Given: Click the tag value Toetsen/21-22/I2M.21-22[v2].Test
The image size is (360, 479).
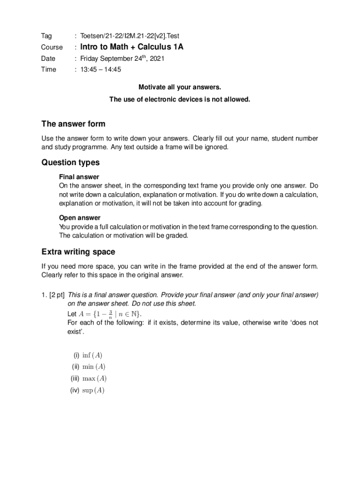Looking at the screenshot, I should click(130, 36).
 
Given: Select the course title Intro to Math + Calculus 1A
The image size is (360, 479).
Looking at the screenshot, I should click(132, 47).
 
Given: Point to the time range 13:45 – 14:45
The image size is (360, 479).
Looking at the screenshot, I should click(101, 70).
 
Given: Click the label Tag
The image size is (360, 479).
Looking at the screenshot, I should click(46, 36).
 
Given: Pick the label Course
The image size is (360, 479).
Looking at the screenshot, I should click(52, 47).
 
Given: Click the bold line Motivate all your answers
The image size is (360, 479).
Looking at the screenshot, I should click(180, 87).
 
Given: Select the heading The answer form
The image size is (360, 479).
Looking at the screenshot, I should click(73, 124).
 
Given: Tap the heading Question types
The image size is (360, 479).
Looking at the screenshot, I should click(71, 163).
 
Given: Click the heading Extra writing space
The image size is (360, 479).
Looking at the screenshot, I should click(78, 252).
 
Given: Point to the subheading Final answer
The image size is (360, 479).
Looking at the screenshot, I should click(79, 177).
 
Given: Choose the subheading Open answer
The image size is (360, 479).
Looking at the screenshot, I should click(79, 218).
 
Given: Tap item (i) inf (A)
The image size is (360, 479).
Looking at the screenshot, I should click(87, 355).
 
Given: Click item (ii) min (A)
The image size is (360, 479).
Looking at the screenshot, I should click(88, 367).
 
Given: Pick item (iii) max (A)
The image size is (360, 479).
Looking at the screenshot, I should click(88, 378).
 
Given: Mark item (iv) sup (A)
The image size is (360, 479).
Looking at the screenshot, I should click(87, 390).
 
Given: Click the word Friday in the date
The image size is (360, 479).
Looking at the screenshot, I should click(90, 58).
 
